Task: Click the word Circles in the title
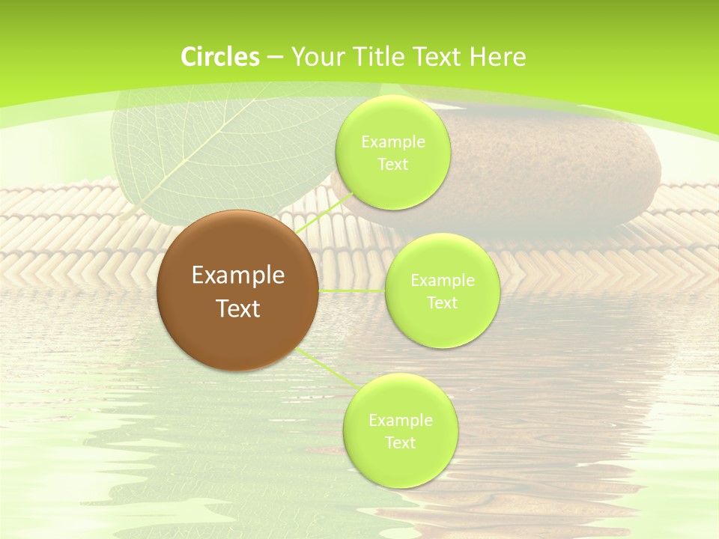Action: pos(220,57)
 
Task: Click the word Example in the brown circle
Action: pos(238,275)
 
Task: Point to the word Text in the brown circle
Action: pos(238,308)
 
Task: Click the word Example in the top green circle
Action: pos(393,142)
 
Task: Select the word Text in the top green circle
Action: pos(392,165)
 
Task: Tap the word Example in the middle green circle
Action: pos(443,281)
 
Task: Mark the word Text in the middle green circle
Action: pos(442,303)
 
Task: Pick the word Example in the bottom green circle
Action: pos(401,421)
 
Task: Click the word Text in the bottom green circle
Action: pos(400,443)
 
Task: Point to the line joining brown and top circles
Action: pos(318,218)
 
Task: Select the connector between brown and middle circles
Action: pos(352,290)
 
